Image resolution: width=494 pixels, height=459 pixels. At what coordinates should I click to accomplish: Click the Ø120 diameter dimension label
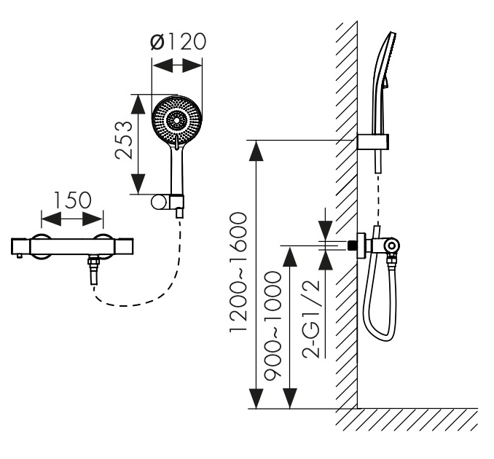[177, 42]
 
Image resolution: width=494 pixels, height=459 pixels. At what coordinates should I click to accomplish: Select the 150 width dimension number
[73, 200]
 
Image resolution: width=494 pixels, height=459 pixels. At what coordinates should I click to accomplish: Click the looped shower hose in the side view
[378, 291]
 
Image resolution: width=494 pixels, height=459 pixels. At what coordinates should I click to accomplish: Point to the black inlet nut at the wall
[357, 244]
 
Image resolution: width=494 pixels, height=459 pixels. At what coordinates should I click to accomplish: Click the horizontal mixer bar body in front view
[73, 247]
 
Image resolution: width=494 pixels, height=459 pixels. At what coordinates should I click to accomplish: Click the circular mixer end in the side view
[393, 246]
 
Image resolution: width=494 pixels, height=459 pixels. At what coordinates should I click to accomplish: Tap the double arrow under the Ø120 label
[177, 66]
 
